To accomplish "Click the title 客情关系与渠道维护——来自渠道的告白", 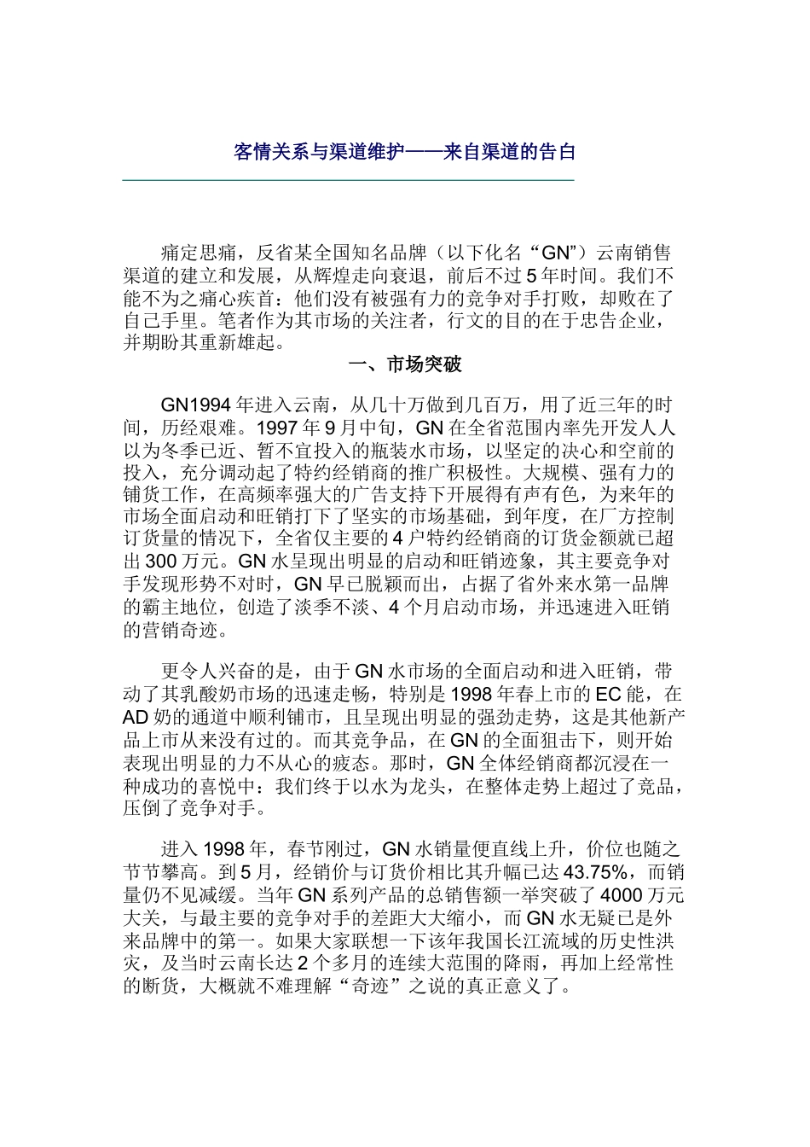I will pyautogui.click(x=405, y=152).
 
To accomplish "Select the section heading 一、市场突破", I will pyautogui.click(x=405, y=365).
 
